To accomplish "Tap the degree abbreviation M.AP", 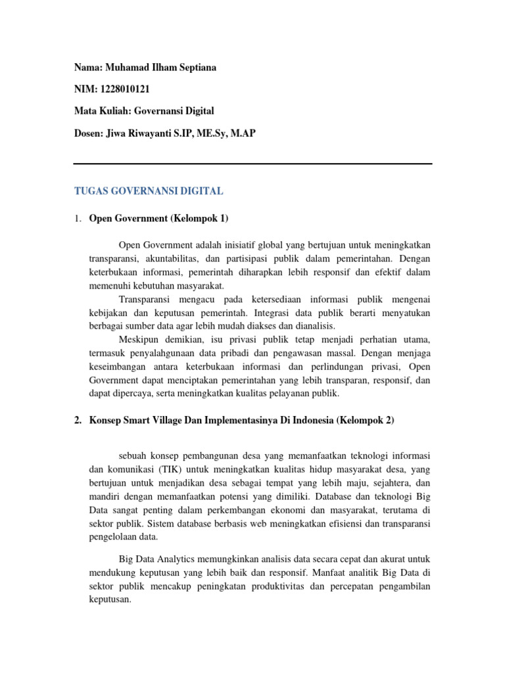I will (x=242, y=133).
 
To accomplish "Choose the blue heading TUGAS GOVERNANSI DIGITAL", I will (x=149, y=191).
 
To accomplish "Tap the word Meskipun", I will (x=140, y=339).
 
